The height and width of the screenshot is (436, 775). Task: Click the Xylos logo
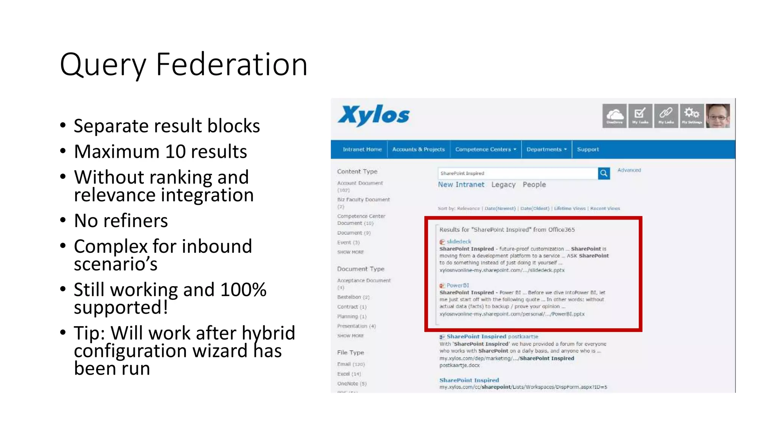[374, 115]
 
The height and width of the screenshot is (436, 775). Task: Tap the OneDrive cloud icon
[615, 115]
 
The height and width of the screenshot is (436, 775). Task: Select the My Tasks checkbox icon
[640, 115]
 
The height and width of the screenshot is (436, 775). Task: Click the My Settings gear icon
[692, 115]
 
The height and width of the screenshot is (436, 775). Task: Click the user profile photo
[718, 116]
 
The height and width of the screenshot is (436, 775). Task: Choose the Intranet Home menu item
[362, 149]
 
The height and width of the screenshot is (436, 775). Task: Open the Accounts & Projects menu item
[419, 149]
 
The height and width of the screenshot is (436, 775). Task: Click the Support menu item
[588, 149]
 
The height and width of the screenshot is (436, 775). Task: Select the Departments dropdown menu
[546, 149]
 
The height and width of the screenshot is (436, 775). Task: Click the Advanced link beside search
[629, 170]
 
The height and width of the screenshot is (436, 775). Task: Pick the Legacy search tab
[503, 185]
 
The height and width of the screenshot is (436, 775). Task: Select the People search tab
[534, 185]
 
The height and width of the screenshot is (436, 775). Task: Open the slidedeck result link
[459, 241]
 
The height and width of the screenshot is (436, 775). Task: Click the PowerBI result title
[458, 285]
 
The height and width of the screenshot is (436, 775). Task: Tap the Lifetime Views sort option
[570, 209]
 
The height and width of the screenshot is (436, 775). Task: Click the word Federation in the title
[232, 65]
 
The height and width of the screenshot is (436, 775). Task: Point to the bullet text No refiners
[121, 221]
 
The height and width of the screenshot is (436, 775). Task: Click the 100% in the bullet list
[243, 290]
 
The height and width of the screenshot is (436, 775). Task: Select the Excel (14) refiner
[349, 374]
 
